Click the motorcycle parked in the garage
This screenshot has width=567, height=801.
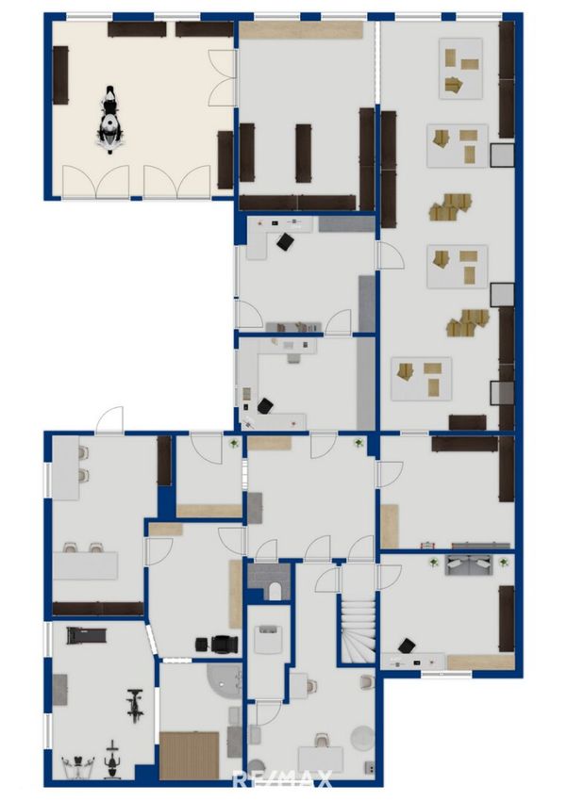coord(110,120)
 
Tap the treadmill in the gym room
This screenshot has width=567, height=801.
coord(86,636)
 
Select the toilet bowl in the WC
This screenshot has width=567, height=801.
coord(275,591)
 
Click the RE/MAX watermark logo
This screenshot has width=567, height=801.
coord(283,778)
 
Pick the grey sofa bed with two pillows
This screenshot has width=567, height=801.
coord(469,564)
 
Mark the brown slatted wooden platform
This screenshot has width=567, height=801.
coord(190,755)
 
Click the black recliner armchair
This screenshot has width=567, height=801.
coord(225,645)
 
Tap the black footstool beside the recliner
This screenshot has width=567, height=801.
coord(202,646)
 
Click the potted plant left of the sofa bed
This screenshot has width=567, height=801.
coord(434,563)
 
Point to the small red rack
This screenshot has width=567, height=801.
coord(426,545)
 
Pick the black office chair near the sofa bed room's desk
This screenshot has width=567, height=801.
coord(407,646)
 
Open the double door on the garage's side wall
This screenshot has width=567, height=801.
coord(223,78)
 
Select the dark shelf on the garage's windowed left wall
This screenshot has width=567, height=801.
coord(60,75)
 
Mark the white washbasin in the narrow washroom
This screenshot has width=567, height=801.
coord(269,636)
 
